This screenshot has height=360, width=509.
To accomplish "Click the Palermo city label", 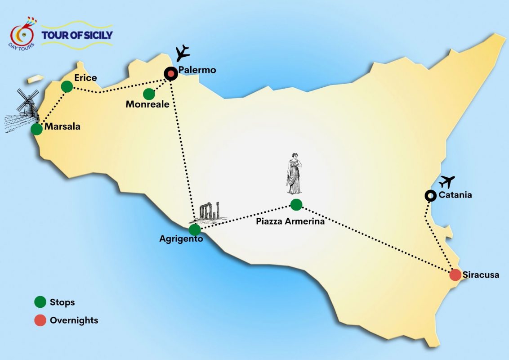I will tap(197, 70).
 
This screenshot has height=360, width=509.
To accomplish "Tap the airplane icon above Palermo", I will tap(183, 53).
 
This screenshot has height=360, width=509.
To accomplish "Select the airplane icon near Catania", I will tap(447, 182).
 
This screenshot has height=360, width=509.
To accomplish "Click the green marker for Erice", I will tap(67, 86).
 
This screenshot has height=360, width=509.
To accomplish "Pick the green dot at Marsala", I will tap(37, 129).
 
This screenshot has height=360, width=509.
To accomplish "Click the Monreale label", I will tap(147, 104).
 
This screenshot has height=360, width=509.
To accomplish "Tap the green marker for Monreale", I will tap(149, 94).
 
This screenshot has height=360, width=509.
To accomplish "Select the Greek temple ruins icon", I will tap(210, 212).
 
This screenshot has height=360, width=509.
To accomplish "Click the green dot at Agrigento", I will tap(195, 230).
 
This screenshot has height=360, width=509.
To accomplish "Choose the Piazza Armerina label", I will tap(290, 221).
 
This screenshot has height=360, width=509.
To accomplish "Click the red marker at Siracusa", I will tap(455, 274).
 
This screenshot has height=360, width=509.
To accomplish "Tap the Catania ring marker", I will tap(430, 195).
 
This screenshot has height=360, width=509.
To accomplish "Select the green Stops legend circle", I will tap(40, 302).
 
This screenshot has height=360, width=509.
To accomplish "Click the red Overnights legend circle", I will tap(40, 320).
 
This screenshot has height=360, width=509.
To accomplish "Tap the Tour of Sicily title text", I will tap(77, 35).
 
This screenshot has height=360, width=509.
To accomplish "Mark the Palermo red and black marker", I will tap(170, 73).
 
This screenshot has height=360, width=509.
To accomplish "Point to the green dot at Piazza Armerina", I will tap(296, 205).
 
